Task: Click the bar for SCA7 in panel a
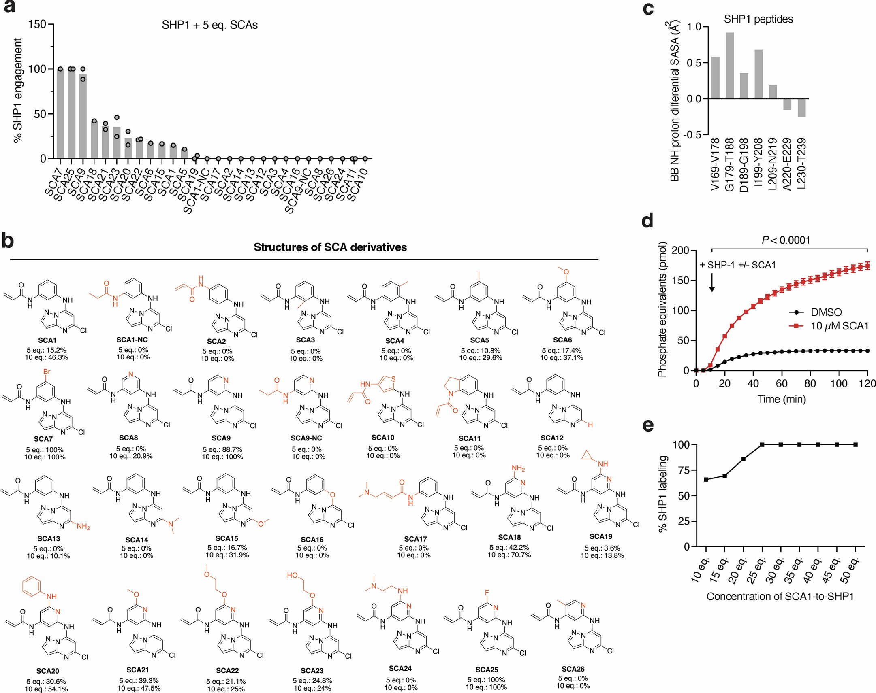click(60, 114)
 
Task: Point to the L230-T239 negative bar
click(801, 108)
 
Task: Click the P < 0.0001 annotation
click(785, 240)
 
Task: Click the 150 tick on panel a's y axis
click(37, 24)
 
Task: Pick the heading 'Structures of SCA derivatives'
click(330, 247)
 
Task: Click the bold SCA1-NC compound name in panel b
click(132, 340)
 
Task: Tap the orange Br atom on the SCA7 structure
click(47, 372)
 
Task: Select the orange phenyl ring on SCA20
click(32, 587)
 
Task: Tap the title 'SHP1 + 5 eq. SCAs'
click(209, 25)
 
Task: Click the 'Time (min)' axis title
click(781, 399)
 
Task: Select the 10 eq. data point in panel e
click(706, 480)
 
